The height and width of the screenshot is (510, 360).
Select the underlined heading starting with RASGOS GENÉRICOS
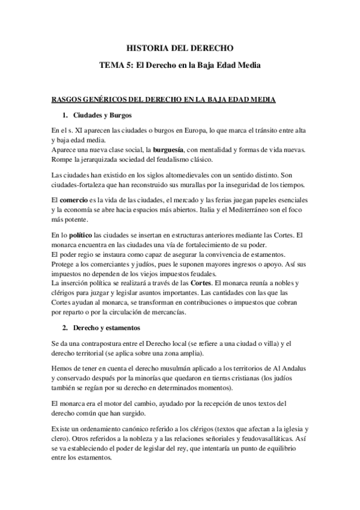(x=179, y=99)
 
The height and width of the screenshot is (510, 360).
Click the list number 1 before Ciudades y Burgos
(x=64, y=114)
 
